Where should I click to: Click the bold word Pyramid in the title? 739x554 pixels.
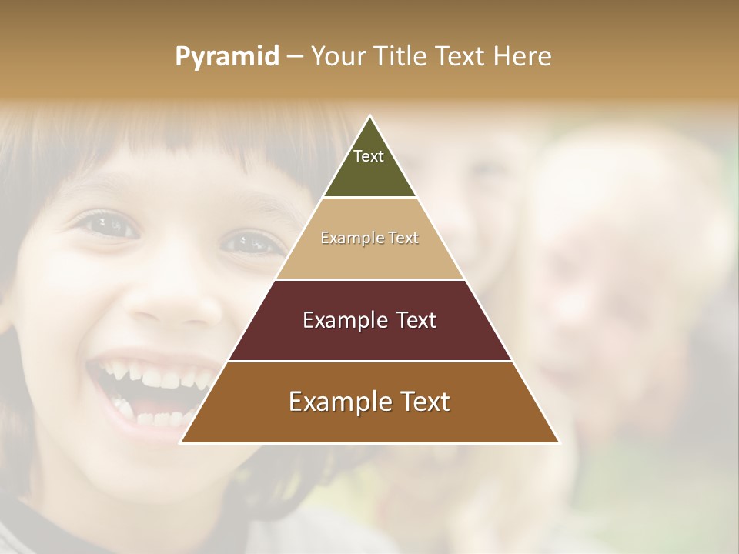226,56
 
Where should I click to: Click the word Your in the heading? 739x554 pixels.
338,56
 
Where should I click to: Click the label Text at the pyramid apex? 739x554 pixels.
369,156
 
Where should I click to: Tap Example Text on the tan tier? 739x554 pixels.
369,238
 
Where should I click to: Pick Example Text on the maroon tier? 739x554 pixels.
369,320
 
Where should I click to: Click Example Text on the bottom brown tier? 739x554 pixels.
369,402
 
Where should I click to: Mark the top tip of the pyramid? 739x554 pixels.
370,117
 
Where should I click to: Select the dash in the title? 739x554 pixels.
295,57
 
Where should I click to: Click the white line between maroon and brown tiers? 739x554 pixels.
369,361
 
